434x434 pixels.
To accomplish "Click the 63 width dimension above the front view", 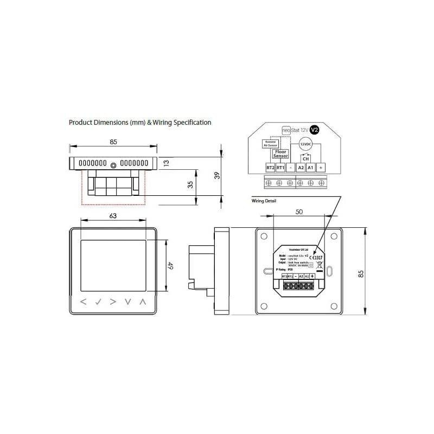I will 113,215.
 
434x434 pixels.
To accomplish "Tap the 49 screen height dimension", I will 170,266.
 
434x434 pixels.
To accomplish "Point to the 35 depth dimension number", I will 190,184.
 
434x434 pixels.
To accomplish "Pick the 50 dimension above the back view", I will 299,212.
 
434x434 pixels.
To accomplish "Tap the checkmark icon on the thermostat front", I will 98,302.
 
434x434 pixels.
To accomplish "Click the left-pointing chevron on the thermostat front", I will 84,302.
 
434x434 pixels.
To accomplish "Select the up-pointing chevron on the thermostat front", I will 143,302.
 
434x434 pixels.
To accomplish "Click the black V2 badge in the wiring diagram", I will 314,130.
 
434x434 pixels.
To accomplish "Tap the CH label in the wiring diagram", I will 306,158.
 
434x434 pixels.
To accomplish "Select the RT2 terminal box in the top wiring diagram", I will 270,168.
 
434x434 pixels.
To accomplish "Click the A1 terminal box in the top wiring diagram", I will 310,168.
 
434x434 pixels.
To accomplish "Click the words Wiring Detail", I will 264,201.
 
